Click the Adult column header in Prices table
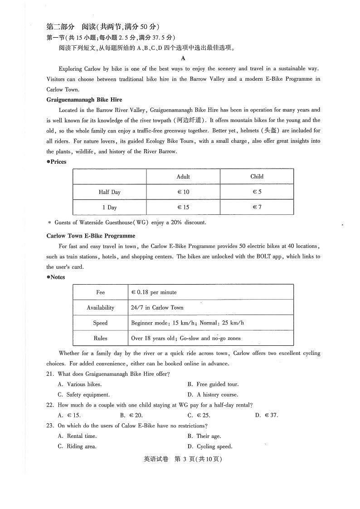pyautogui.click(x=183, y=176)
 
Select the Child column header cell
pyautogui.click(x=257, y=176)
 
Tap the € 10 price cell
pyautogui.click(x=183, y=192)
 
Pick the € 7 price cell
pyautogui.click(x=257, y=207)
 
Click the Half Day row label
pyautogui.click(x=110, y=192)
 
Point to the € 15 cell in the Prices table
pyautogui.click(x=183, y=207)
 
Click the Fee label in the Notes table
pyautogui.click(x=100, y=292)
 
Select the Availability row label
pyautogui.click(x=100, y=307)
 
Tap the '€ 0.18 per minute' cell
pyautogui.click(x=154, y=292)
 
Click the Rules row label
pyautogui.click(x=100, y=338)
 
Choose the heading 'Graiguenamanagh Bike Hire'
pyautogui.click(x=84, y=100)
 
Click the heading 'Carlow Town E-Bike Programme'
pyautogui.click(x=91, y=236)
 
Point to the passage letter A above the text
pyautogui.click(x=183, y=58)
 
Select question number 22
pyautogui.click(x=50, y=405)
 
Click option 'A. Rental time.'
pyautogui.click(x=78, y=436)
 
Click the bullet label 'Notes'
pyautogui.click(x=57, y=277)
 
